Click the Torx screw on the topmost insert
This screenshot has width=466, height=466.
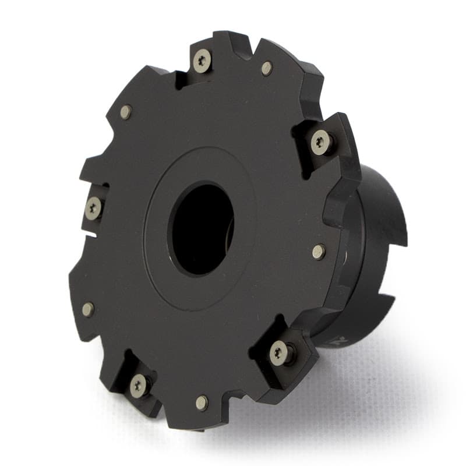[202, 61]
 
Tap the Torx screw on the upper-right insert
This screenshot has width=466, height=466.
[321, 142]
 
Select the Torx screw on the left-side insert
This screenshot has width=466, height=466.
[93, 208]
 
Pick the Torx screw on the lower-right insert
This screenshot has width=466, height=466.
[280, 353]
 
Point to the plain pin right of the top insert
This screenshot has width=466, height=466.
[267, 68]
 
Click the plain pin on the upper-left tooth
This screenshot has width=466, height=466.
[126, 112]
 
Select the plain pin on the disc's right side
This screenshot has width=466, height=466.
[319, 252]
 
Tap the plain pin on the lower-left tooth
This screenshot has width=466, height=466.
[88, 309]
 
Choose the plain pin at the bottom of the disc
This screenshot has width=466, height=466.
[202, 402]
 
